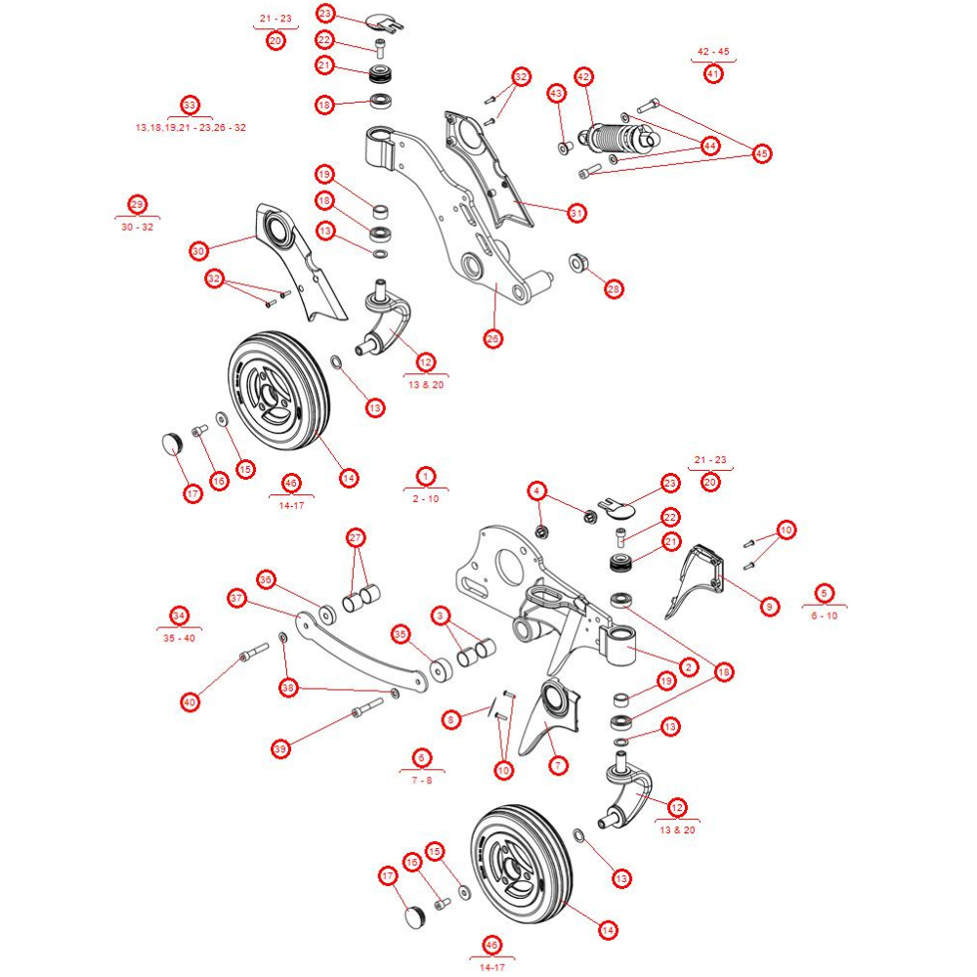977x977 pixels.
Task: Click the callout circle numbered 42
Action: tap(584, 76)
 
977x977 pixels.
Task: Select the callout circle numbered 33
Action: tap(190, 105)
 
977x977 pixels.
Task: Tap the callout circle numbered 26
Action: tap(492, 338)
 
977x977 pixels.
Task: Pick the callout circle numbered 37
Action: tap(235, 597)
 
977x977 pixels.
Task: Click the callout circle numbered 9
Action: tap(769, 608)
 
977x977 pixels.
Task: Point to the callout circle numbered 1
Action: tap(426, 476)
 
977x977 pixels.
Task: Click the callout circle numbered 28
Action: tap(614, 289)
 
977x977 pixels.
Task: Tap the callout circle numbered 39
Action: tap(281, 749)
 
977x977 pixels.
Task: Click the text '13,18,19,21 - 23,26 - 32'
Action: tap(190, 128)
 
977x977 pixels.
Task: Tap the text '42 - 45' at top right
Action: tap(713, 51)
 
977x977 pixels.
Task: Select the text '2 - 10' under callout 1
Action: tap(426, 498)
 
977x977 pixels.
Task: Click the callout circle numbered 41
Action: tap(713, 73)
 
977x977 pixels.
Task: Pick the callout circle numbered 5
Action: tap(826, 593)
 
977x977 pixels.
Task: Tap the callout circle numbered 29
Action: tap(137, 204)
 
